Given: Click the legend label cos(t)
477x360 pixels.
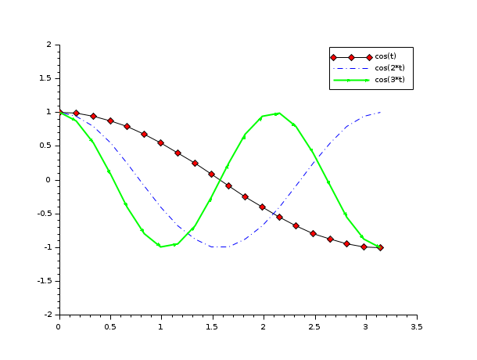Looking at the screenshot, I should [x=385, y=56].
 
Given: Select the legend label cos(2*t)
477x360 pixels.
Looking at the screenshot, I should [x=389, y=68].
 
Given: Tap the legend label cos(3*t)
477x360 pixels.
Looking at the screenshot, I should [x=389, y=80].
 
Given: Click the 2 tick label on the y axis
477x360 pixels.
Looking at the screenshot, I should [x=49, y=45].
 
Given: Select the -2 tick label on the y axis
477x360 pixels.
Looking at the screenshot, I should [x=48, y=314].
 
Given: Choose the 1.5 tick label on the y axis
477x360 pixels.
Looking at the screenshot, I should [x=45, y=79].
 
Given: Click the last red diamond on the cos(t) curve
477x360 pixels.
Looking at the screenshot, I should [x=381, y=247].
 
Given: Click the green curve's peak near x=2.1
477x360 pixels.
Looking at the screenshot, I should [x=278, y=113].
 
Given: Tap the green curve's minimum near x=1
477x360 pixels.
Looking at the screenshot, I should [x=161, y=247].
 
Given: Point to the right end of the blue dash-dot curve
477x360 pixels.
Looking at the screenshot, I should [x=381, y=112].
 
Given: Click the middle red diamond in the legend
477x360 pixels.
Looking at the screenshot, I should [x=351, y=57].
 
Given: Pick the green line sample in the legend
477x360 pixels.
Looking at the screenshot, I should [x=351, y=80].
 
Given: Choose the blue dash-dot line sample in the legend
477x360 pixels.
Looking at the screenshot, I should [x=351, y=68].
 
